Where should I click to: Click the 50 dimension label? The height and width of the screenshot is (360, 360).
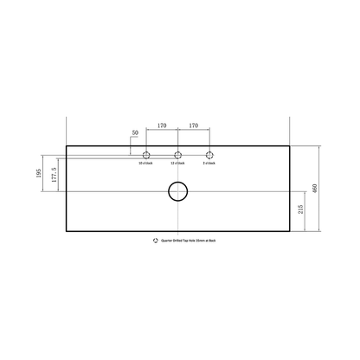pos(135,132)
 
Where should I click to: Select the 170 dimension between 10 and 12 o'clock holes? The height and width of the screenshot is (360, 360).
pos(163,125)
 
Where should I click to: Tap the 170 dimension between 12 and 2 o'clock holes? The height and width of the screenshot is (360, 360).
pos(194,125)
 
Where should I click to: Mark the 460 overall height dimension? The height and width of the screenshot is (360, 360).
pos(326,188)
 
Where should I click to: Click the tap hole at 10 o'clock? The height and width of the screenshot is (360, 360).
pos(146,155)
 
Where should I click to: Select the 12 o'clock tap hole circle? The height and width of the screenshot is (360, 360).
pos(178,155)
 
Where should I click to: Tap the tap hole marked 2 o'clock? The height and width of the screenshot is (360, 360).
pos(209,155)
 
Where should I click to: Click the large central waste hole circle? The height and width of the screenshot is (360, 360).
pos(177,192)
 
